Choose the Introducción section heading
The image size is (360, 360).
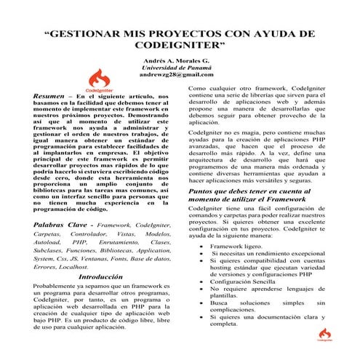pyautogui.click(x=100, y=277)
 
